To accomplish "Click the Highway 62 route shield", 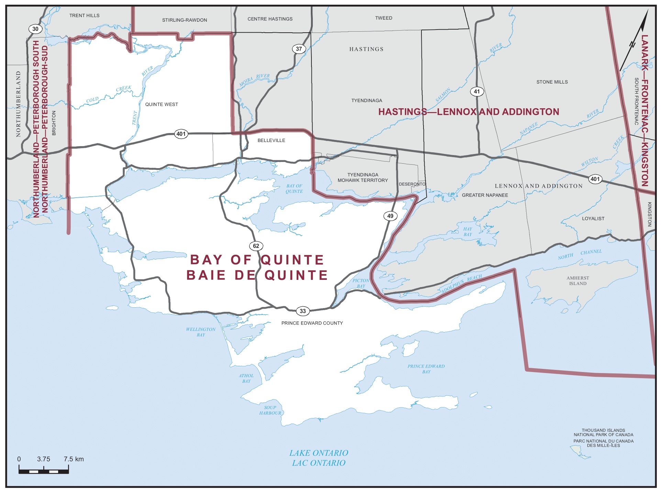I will click(x=256, y=246).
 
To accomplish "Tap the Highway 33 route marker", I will click(x=302, y=311).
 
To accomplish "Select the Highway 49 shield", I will click(x=390, y=216).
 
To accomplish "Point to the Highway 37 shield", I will click(x=299, y=49).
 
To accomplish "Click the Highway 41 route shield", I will click(x=476, y=91).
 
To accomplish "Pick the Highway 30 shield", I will click(x=35, y=29).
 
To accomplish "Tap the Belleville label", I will click(x=271, y=140).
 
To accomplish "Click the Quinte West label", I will click(x=162, y=104).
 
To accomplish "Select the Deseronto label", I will click(x=412, y=184).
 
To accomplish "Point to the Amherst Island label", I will click(x=577, y=281).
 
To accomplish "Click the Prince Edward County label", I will click(x=312, y=323).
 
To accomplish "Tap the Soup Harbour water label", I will click(x=270, y=410).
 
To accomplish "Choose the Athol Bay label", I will click(x=246, y=378).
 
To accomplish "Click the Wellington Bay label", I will click(x=201, y=332).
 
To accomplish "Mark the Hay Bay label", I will click(x=467, y=231).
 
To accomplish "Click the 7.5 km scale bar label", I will click(x=74, y=459).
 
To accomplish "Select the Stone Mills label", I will click(x=552, y=82).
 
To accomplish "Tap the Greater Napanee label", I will click(x=485, y=195).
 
